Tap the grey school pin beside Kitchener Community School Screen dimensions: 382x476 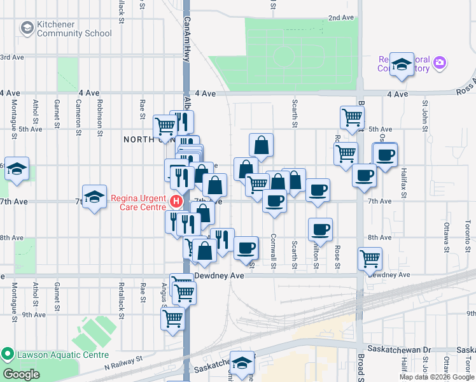click(x=27, y=28)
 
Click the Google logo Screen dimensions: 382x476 click(x=21, y=374)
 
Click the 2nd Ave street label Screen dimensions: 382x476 click(x=340, y=18)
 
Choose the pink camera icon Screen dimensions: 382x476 click(x=439, y=63)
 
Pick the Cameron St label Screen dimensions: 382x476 click(x=79, y=111)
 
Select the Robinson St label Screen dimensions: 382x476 click(x=100, y=111)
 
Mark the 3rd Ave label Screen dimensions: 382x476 click(x=11, y=57)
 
